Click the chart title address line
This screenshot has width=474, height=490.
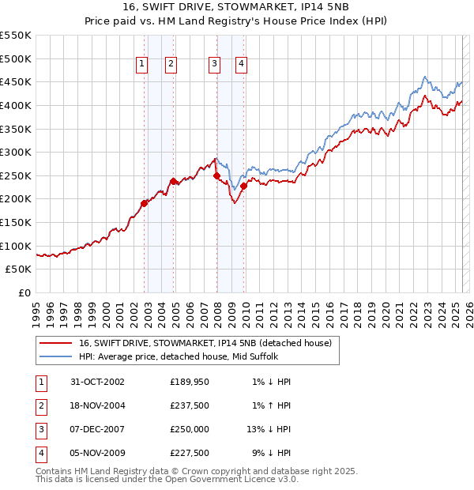click(x=236, y=6)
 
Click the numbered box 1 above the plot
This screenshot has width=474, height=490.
click(x=142, y=65)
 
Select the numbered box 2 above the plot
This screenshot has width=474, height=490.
click(x=171, y=65)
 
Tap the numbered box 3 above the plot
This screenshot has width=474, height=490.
click(x=214, y=65)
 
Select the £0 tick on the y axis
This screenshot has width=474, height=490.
click(x=26, y=292)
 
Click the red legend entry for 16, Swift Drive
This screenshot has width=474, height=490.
click(x=209, y=343)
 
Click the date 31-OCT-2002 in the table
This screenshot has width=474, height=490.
click(x=97, y=382)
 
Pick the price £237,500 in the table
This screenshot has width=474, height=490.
click(x=189, y=405)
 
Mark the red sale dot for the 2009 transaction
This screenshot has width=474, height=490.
click(x=244, y=186)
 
